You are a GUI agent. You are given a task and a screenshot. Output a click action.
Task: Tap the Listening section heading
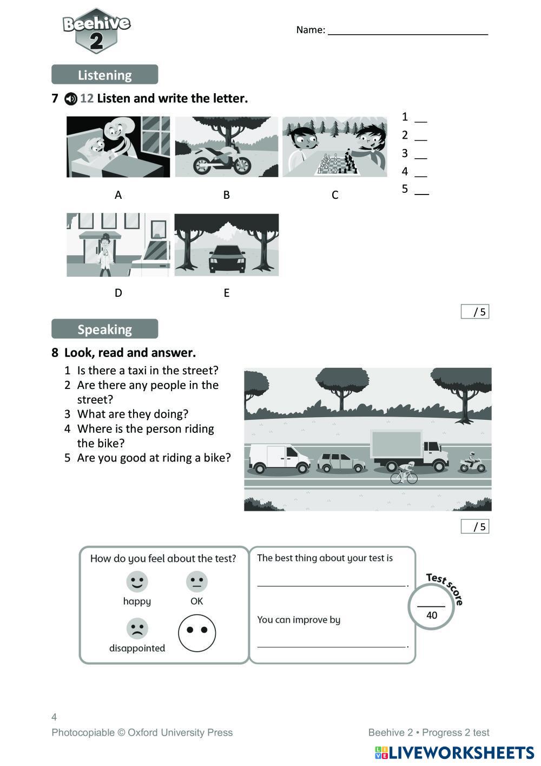coord(104,75)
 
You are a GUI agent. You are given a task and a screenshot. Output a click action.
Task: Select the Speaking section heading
coord(104,329)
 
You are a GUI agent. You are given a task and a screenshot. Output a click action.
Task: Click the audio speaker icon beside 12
coord(71,99)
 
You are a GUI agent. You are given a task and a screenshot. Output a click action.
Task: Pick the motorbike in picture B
coord(222,159)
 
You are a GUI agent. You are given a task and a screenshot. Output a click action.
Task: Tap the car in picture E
coord(226,258)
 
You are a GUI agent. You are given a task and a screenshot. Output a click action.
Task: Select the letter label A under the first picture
coord(118,195)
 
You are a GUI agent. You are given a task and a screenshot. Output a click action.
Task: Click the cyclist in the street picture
coord(405,473)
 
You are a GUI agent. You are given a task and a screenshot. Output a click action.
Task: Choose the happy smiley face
coord(137,581)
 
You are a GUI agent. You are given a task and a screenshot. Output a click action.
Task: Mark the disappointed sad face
coord(137,628)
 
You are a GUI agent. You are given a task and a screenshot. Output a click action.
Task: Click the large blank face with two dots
coord(197,632)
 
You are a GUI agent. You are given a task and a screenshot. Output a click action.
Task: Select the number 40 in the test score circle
coord(432,615)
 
